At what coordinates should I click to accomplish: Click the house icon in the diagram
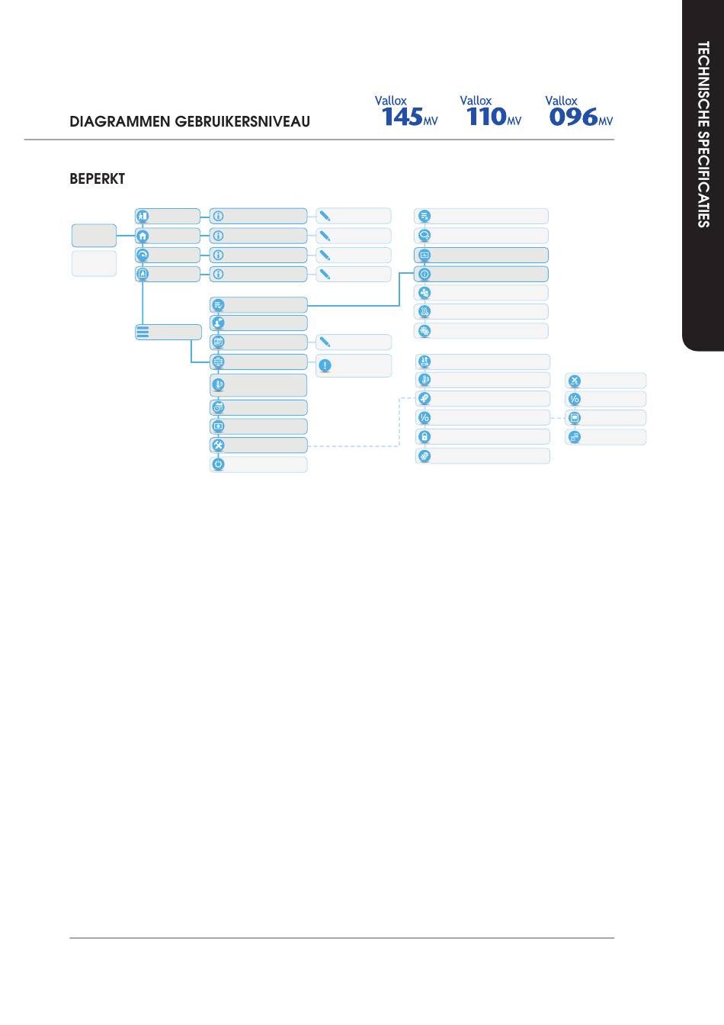[143, 236]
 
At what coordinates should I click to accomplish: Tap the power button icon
[219, 464]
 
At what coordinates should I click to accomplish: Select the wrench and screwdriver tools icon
[219, 445]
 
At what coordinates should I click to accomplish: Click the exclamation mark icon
[325, 365]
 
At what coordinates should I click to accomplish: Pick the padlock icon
[424, 436]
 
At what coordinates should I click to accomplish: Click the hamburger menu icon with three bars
[143, 333]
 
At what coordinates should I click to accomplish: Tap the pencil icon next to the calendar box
[325, 342]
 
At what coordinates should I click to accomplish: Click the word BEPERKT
[97, 178]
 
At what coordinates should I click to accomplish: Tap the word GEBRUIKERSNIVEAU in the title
[242, 122]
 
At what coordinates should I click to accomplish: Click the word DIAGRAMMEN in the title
[120, 122]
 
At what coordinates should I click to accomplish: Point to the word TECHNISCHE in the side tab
[703, 85]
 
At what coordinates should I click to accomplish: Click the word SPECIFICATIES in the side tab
[703, 179]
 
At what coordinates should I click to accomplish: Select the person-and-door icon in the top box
[143, 216]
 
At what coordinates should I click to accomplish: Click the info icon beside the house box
[219, 236]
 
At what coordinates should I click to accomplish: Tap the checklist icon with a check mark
[219, 305]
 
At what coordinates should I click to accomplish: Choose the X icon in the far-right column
[575, 381]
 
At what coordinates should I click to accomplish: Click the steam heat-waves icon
[424, 312]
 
